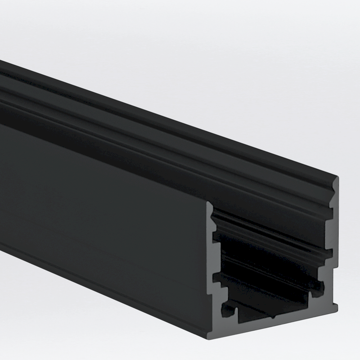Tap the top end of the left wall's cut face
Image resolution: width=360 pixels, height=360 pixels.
[210, 203]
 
